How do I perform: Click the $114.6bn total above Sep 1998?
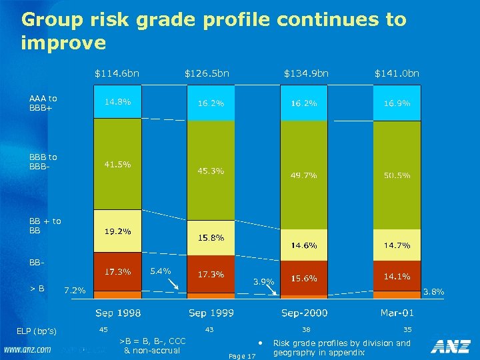pos(117,73)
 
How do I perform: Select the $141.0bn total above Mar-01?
pos(397,73)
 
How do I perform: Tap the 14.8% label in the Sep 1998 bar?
pos(117,102)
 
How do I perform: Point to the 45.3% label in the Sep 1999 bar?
pos(210,171)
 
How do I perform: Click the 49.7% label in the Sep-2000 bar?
pos(303,175)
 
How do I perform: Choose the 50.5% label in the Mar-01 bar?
pos(397,175)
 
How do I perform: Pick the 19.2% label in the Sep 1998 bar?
pos(117,231)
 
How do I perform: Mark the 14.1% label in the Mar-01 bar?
pos(397,276)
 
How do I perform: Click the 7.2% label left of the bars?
pos(74,291)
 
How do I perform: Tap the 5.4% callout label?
pos(161,271)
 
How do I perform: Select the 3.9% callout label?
pos(264,281)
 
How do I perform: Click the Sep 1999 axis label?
pos(211,312)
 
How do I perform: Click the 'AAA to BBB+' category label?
pos(43,103)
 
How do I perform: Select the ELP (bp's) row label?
pos(37,331)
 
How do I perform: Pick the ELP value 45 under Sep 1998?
pos(103,329)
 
